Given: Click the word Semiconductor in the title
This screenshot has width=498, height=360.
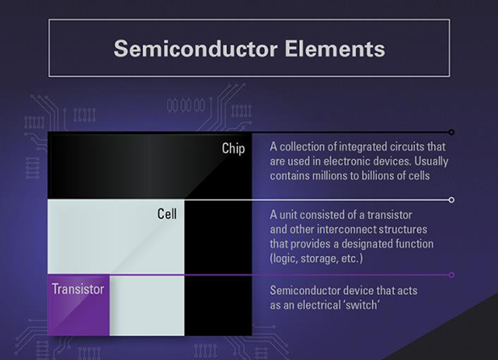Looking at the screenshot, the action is [195, 48].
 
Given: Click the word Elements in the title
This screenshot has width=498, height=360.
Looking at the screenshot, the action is [335, 48].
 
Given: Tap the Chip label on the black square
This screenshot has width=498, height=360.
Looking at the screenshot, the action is [233, 149].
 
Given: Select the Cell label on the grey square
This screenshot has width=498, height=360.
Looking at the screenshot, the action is [167, 214].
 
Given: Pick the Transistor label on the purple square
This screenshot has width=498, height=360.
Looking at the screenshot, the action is [78, 289].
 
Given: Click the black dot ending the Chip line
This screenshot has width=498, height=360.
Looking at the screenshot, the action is [451, 132].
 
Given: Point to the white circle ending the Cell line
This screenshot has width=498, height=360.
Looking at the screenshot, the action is [451, 200].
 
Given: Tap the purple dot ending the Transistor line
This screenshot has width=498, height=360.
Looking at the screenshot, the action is [451, 275].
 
